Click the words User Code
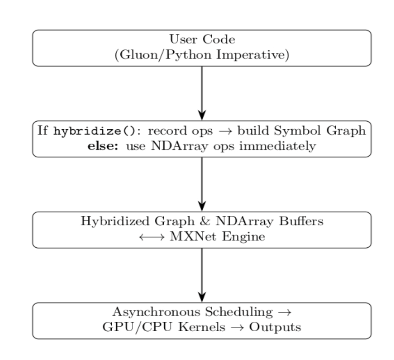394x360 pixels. tap(202, 39)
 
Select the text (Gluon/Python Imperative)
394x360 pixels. tap(202, 55)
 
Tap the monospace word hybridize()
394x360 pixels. tap(95, 131)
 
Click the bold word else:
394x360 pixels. tap(103, 146)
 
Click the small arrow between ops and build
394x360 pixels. tap(225, 131)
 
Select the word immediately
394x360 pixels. tap(278, 146)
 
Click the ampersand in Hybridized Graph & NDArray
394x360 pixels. tap(205, 221)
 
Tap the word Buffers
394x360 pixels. tap(301, 221)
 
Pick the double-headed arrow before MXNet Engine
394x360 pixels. tap(152, 237)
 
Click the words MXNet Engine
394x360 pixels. tap(217, 237)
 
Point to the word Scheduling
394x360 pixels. tap(239, 312)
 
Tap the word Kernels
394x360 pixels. tap(202, 327)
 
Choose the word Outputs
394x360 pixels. tap(275, 327)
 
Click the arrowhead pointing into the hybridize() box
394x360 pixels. tap(202, 115)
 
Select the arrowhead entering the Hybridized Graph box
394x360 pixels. tap(202, 206)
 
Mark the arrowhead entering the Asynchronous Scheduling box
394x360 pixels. tap(202, 297)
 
